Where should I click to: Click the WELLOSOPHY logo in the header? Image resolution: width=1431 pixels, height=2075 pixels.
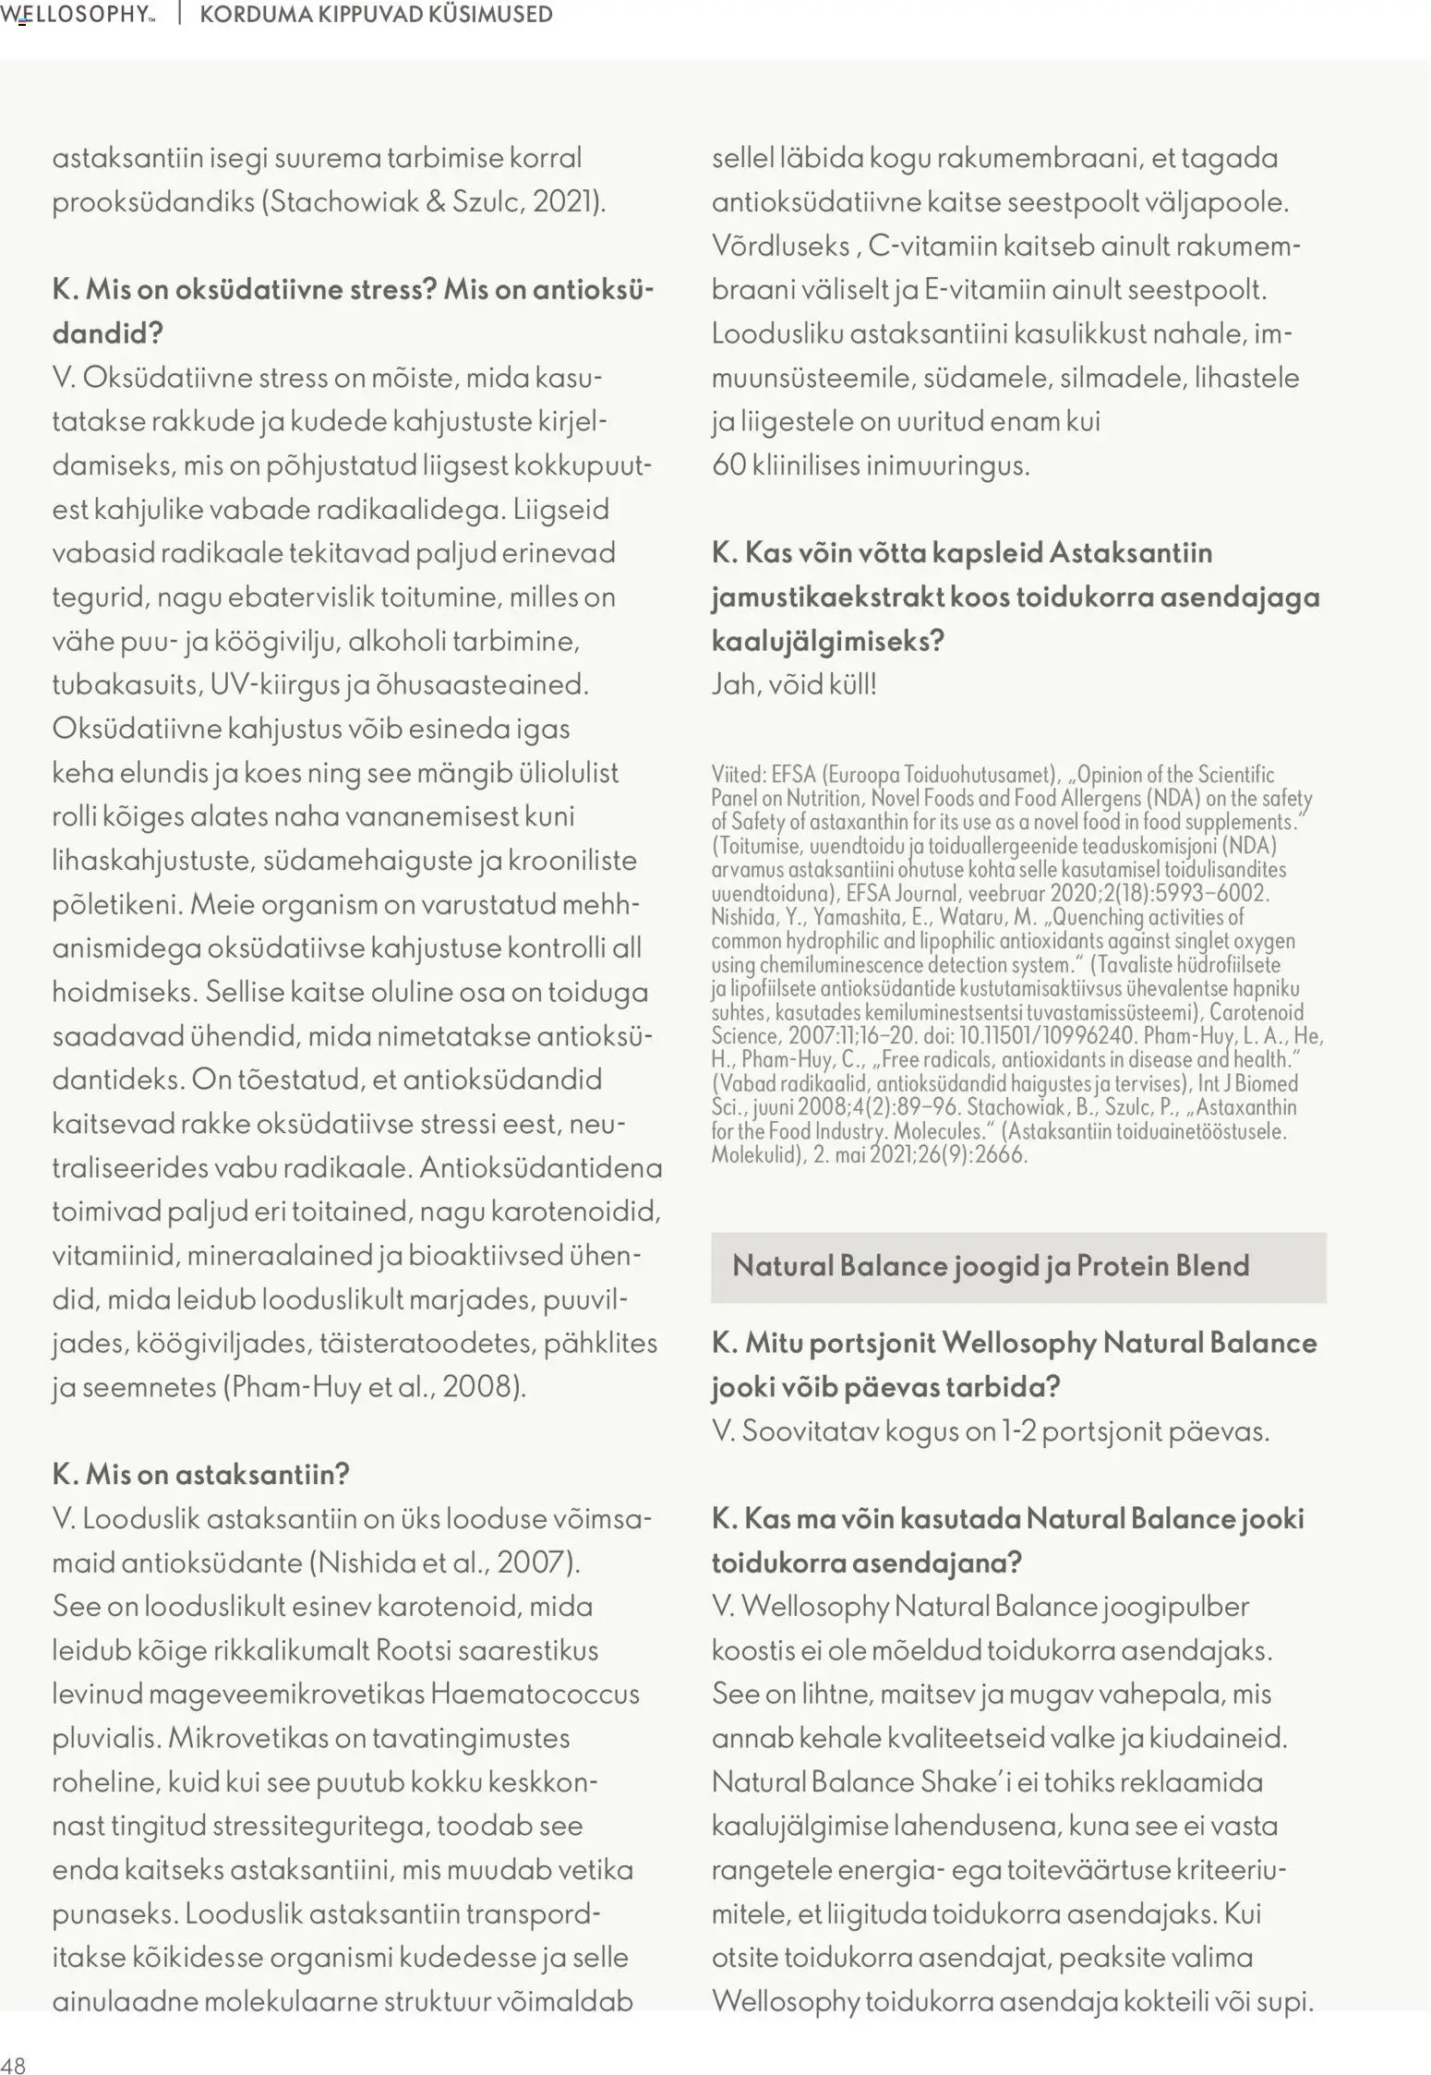pyautogui.click(x=78, y=15)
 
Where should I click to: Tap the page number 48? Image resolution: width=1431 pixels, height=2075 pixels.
pyautogui.click(x=14, y=2065)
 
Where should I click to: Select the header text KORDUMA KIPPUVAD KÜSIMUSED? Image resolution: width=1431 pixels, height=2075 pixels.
pyautogui.click(x=376, y=15)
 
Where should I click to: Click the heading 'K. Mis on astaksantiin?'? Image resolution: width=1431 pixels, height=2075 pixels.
pyautogui.click(x=200, y=1474)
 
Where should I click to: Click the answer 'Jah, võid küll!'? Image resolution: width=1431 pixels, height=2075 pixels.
pyautogui.click(x=793, y=685)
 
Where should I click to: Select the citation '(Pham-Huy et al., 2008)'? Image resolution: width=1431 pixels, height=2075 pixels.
pyautogui.click(x=374, y=1387)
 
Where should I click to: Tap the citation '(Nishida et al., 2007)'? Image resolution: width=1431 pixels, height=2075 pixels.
pyautogui.click(x=444, y=1562)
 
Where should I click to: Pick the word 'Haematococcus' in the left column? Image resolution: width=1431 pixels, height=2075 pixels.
pyautogui.click(x=535, y=1695)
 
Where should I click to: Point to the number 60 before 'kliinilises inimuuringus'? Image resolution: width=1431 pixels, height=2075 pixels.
pyautogui.click(x=728, y=465)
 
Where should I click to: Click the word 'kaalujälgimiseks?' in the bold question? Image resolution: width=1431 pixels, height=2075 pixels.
pyautogui.click(x=827, y=641)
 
